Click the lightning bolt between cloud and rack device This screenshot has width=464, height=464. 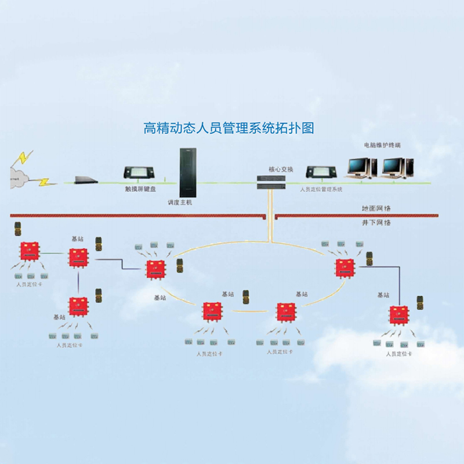[43, 182]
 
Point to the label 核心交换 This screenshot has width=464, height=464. [281, 169]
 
